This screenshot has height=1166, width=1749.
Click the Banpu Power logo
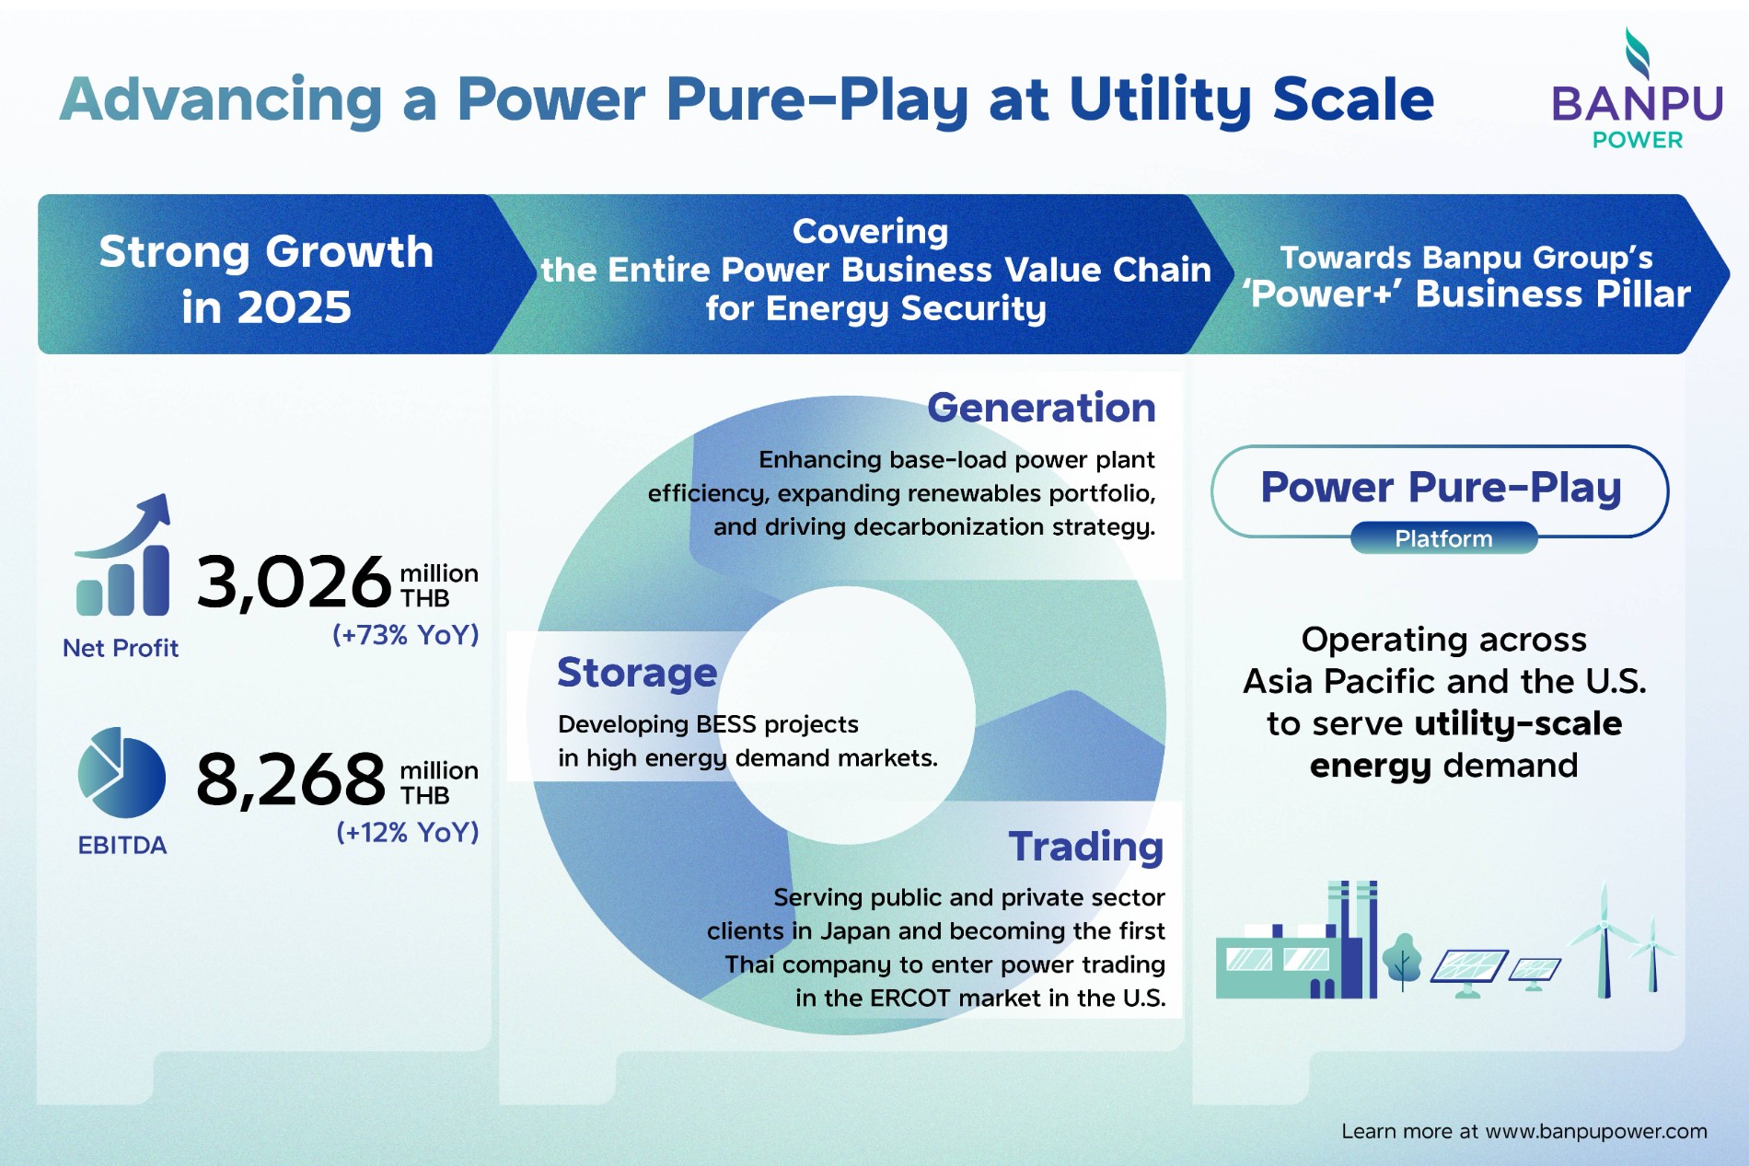[x=1636, y=92]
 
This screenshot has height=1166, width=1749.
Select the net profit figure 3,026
[x=293, y=583]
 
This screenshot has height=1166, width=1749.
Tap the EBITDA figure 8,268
[x=290, y=779]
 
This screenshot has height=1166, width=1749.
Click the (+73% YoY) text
[x=405, y=635]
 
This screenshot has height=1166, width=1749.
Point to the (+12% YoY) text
[x=407, y=832]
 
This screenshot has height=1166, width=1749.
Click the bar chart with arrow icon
[x=123, y=557]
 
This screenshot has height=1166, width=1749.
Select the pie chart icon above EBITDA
[x=121, y=773]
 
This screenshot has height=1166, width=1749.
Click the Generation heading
[x=1040, y=408]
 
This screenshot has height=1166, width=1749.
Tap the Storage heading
[x=637, y=673]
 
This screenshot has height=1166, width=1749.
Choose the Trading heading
[x=1085, y=847]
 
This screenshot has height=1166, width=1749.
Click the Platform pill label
[x=1443, y=538]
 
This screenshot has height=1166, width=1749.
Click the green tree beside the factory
[x=1402, y=960]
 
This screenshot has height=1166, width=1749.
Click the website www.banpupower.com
[x=1595, y=1131]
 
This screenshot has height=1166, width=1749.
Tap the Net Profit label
[x=121, y=649]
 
